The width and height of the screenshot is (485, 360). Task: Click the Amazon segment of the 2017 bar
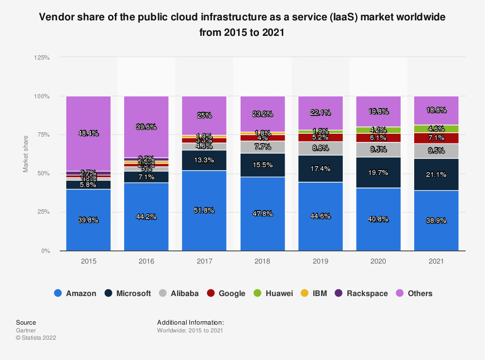(204, 210)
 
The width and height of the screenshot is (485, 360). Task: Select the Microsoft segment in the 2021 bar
(436, 174)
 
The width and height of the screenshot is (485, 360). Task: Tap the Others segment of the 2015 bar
(88, 133)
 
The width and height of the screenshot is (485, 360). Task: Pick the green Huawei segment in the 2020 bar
(378, 130)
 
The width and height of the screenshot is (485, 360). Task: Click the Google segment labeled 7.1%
(436, 138)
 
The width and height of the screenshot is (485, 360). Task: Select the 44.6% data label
(320, 217)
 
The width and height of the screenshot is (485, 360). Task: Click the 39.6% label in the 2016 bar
(146, 127)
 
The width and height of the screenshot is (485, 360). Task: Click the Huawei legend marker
(259, 293)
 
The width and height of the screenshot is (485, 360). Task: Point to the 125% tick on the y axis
(42, 57)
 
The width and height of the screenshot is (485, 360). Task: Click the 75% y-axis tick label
(44, 135)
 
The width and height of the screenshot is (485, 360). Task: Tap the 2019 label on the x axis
(320, 261)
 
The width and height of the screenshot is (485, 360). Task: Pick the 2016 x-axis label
(146, 261)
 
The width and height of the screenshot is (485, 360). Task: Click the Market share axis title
(25, 154)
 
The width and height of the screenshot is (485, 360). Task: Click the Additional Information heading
(190, 322)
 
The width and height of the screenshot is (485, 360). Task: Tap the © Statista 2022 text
(36, 338)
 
